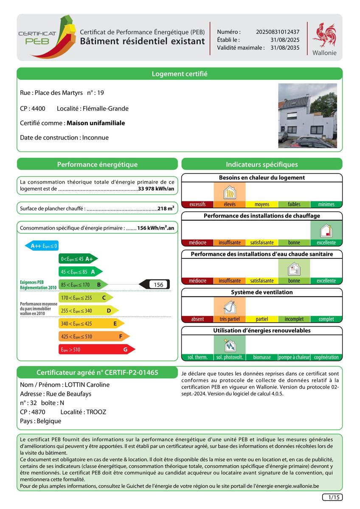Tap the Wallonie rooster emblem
coord(324,35)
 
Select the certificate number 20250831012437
coord(278,32)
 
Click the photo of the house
coord(307,115)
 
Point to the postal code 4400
coord(38,109)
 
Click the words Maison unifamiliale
coord(96,123)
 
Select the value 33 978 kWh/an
coord(156,189)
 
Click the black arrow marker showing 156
coord(155,285)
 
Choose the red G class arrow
coord(97,350)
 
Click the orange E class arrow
coord(91,324)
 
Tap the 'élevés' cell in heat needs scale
coord(230,204)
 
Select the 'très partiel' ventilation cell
coord(230,319)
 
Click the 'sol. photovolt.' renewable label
coord(230,357)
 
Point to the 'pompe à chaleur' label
coord(294,357)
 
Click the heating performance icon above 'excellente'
coord(326,231)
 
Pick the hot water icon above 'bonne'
coord(294,269)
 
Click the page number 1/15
coord(332,497)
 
